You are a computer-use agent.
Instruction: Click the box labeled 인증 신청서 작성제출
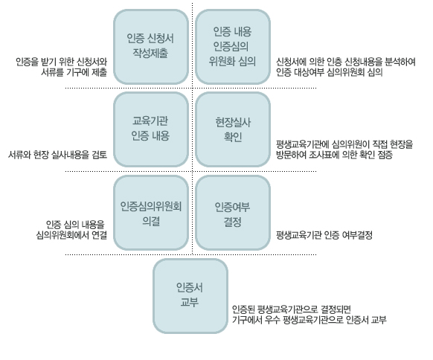(151, 47)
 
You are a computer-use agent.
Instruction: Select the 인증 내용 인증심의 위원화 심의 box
(233, 47)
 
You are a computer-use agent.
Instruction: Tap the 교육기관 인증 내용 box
(151, 129)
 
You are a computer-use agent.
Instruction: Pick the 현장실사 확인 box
(233, 129)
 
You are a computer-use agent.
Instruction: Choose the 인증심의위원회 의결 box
(151, 213)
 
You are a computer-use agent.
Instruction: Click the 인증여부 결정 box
(233, 213)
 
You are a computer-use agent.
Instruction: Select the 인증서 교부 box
(190, 296)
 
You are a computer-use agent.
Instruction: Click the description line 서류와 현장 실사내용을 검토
(57, 155)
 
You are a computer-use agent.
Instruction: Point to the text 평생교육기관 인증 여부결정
(324, 235)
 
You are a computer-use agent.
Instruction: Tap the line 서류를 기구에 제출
(74, 72)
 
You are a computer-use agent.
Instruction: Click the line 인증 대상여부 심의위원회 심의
(329, 72)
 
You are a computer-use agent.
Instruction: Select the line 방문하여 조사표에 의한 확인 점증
(334, 155)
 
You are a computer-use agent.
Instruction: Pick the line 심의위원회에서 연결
(71, 235)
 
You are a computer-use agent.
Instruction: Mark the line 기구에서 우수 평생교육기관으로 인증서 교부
(309, 320)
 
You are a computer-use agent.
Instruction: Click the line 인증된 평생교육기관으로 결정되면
(292, 309)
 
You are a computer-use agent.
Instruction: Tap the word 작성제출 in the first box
(150, 53)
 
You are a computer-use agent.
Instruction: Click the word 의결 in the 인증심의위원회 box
(151, 221)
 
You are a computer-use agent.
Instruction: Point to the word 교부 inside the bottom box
(190, 302)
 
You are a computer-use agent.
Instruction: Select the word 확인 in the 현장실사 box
(233, 137)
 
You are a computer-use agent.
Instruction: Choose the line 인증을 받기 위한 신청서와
(61, 62)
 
